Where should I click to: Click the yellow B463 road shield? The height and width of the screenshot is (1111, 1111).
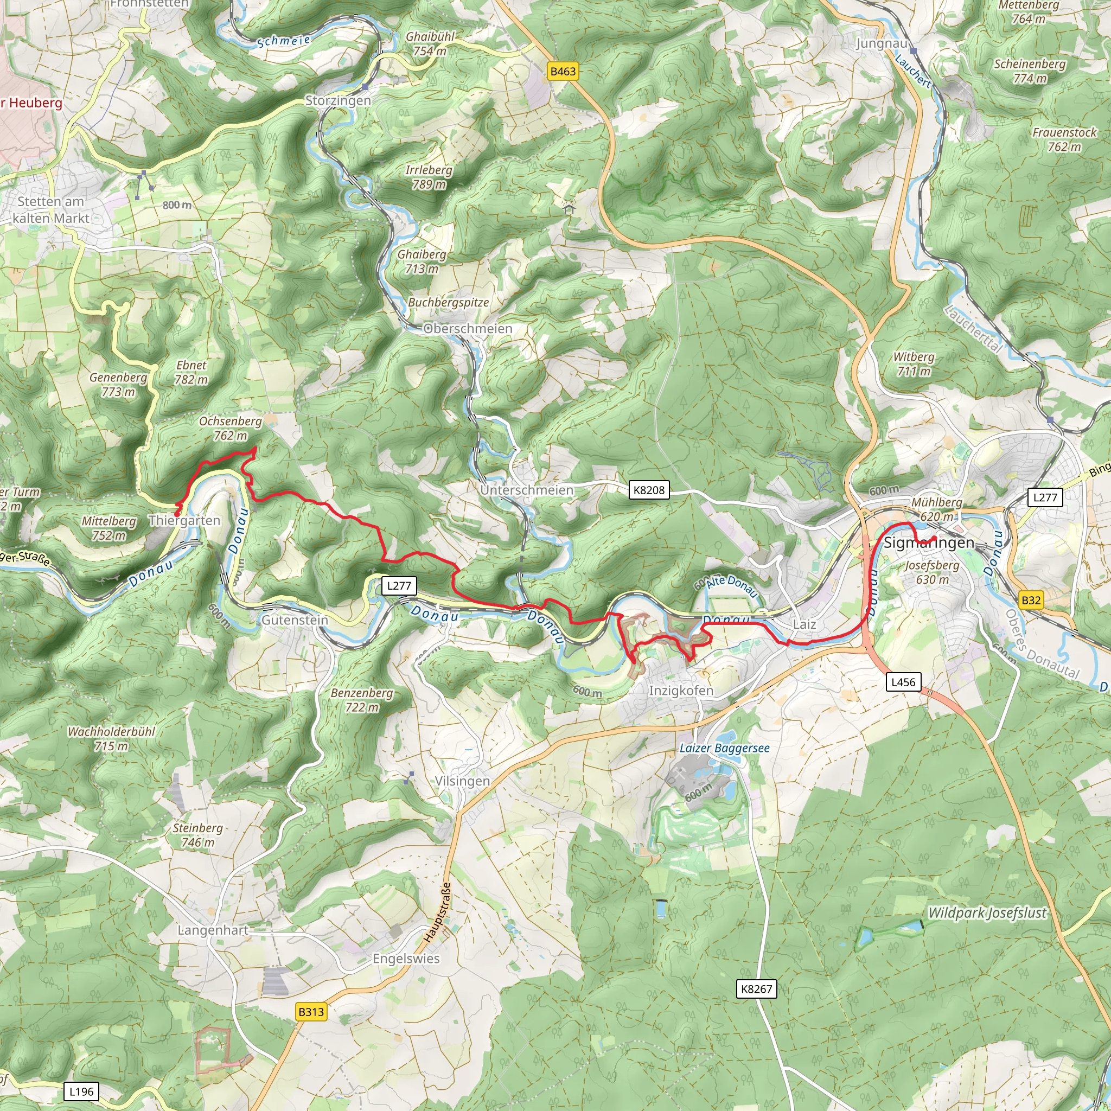[x=563, y=71]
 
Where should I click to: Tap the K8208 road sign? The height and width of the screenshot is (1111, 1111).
[x=649, y=490]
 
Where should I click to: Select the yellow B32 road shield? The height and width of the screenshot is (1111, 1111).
[x=1031, y=601]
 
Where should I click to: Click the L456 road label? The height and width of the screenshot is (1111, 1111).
[x=903, y=682]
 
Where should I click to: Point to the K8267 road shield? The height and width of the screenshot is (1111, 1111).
[x=756, y=988]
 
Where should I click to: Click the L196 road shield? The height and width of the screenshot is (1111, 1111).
[x=81, y=1091]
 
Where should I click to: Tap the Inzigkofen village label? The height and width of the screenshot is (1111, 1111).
[x=681, y=690]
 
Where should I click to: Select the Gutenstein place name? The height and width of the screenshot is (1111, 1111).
[x=295, y=620]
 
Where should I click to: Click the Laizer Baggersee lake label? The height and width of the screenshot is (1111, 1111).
[x=724, y=748]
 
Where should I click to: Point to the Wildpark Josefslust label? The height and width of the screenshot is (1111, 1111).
[x=987, y=912]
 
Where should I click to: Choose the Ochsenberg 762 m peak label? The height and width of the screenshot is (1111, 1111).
[x=230, y=429]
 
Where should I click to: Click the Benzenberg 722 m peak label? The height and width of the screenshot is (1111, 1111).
[x=362, y=700]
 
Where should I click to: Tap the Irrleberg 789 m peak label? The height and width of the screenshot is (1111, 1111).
[x=429, y=177]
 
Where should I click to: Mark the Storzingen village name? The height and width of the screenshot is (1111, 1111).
[x=337, y=101]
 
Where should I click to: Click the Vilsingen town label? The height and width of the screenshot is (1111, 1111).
[x=462, y=781]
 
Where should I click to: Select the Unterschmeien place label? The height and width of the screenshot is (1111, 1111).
[x=527, y=490]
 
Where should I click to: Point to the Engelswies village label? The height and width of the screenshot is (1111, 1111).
[x=406, y=958]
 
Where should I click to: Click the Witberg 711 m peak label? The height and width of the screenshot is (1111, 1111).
[x=913, y=364]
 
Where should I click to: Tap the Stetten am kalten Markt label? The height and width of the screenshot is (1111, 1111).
[x=50, y=210]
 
